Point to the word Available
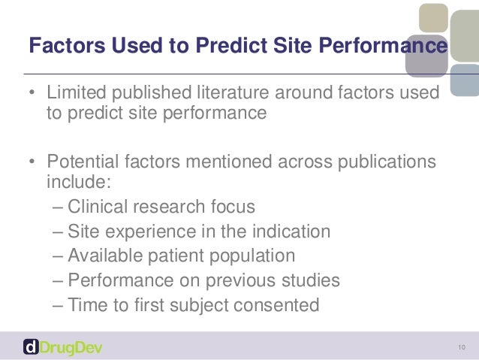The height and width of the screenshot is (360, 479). (102, 256)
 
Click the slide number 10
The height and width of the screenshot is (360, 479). (461, 346)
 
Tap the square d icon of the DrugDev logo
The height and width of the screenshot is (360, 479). (31, 346)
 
